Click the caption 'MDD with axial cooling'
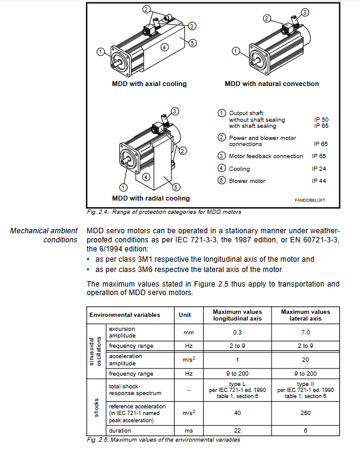[x=149, y=84]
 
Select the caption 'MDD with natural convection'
[x=272, y=84]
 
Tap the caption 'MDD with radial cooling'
[x=151, y=198]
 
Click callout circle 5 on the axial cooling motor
[x=192, y=43]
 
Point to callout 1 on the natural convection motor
[x=236, y=51]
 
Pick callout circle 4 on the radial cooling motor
[x=146, y=177]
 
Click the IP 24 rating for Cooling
[x=319, y=169]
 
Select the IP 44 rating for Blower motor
[x=319, y=181]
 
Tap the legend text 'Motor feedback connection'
[x=266, y=156]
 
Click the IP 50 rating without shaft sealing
[x=321, y=119]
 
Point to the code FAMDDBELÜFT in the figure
[x=310, y=200]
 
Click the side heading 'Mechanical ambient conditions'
[x=44, y=235]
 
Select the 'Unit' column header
[x=185, y=315]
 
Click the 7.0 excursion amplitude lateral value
[x=305, y=332]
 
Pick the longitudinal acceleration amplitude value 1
[x=237, y=360]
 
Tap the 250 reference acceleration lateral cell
[x=305, y=413]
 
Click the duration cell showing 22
[x=237, y=431]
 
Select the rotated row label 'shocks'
[x=96, y=407]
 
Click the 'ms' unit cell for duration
[x=188, y=431]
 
